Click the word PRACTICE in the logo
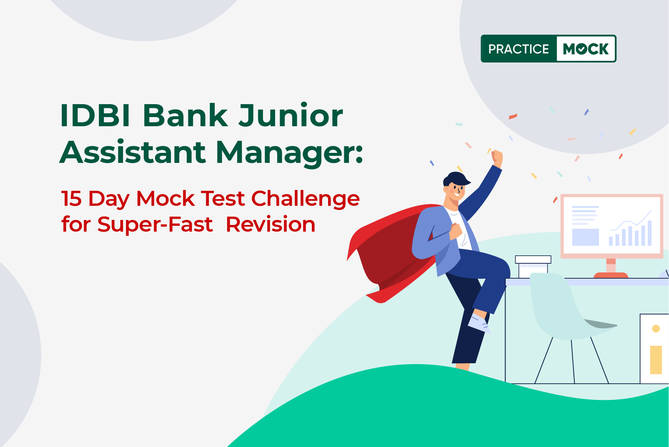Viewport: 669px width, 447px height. pyautogui.click(x=519, y=49)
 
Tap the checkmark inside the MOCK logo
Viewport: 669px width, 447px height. pyautogui.click(x=581, y=49)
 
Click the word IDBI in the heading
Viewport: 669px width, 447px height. pyautogui.click(x=95, y=115)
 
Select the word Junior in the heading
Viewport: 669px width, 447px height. pyautogui.click(x=290, y=115)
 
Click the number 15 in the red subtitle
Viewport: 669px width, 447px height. pyautogui.click(x=71, y=198)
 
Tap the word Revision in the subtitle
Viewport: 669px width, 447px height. pyautogui.click(x=271, y=224)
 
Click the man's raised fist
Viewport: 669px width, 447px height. pyautogui.click(x=497, y=157)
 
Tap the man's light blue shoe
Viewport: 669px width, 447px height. pyautogui.click(x=479, y=323)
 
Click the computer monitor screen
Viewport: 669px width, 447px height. pyautogui.click(x=611, y=226)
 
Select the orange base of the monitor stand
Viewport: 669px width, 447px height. pyautogui.click(x=611, y=275)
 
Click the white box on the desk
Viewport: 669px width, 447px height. pyautogui.click(x=533, y=267)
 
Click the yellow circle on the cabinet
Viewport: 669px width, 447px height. pyautogui.click(x=656, y=329)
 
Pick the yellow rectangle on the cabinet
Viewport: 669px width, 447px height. pyautogui.click(x=656, y=360)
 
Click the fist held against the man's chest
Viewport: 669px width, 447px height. pyautogui.click(x=456, y=231)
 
